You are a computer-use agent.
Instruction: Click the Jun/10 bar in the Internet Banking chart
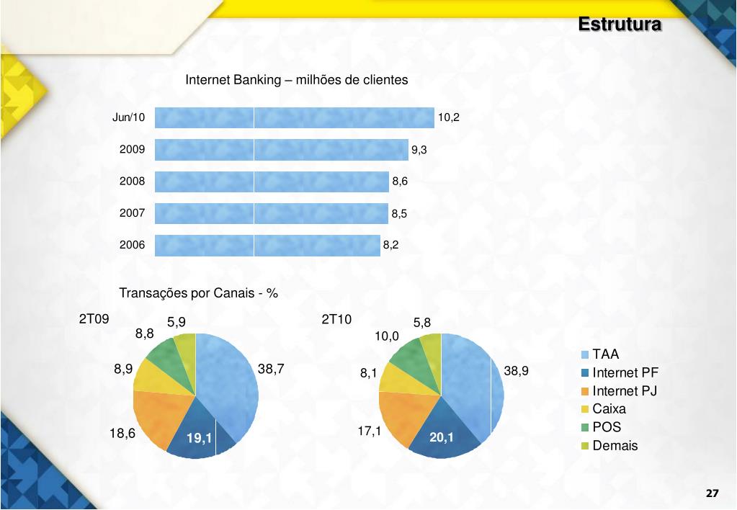(x=294, y=117)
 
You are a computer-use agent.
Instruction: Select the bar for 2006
(x=267, y=245)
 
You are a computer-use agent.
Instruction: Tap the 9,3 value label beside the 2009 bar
(x=419, y=150)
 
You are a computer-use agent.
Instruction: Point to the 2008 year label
(x=132, y=182)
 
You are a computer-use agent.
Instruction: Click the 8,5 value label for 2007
(x=400, y=213)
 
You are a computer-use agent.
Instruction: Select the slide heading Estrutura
(x=620, y=24)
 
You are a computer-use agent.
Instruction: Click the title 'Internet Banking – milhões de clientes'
(x=297, y=80)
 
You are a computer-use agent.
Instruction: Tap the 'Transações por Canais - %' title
(x=198, y=293)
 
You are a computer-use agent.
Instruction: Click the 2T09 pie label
(x=94, y=319)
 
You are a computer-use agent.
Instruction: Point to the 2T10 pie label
(x=336, y=319)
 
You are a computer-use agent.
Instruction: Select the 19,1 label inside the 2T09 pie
(x=199, y=438)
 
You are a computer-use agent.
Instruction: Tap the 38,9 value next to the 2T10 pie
(x=517, y=371)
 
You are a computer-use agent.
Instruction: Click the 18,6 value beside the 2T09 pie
(x=122, y=433)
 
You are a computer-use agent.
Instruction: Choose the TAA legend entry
(x=605, y=354)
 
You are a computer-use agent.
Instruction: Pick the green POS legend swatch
(x=586, y=428)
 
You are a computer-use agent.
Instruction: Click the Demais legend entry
(x=615, y=446)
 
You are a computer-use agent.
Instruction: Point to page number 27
(x=712, y=493)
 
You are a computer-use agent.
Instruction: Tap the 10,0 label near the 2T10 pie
(x=387, y=336)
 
